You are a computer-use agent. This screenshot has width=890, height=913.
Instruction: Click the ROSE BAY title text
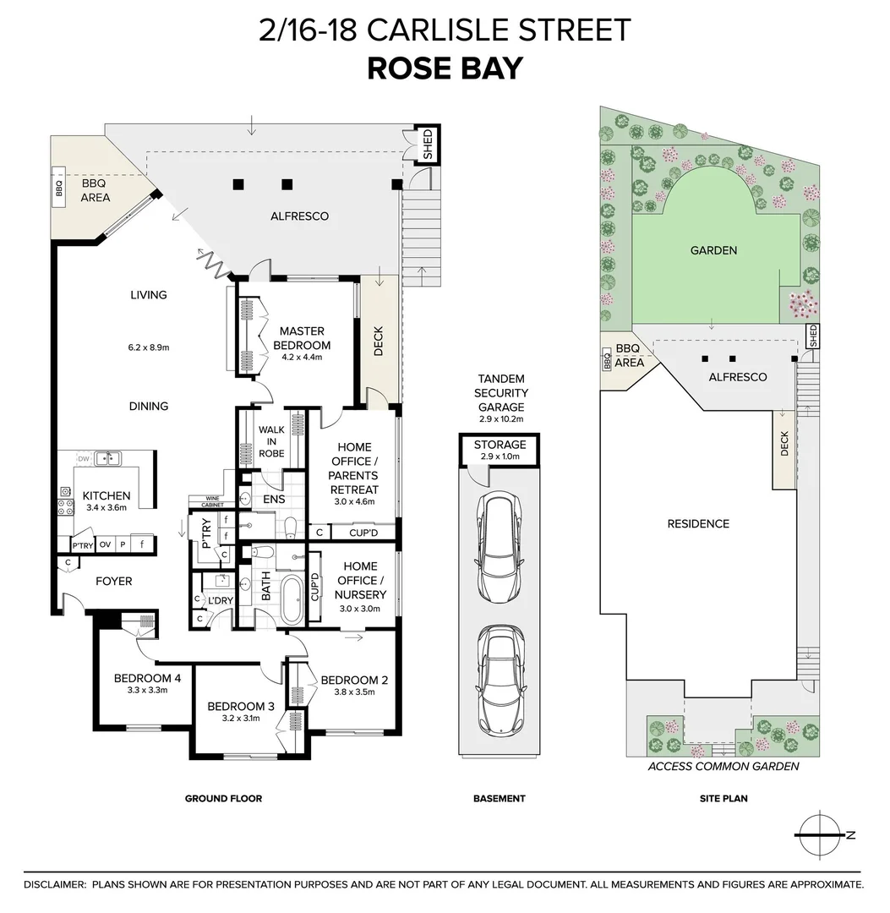(445, 68)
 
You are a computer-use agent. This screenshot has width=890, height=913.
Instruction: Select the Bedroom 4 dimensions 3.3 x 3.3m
(141, 690)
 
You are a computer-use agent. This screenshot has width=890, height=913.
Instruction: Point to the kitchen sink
(107, 459)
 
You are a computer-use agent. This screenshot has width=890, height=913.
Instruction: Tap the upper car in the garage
(499, 547)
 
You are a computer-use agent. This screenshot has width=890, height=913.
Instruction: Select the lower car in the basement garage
(499, 679)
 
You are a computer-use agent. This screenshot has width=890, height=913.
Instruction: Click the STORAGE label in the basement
(500, 445)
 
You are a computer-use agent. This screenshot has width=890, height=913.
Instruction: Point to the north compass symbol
(822, 834)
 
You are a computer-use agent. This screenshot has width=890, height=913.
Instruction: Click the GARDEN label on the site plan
(713, 250)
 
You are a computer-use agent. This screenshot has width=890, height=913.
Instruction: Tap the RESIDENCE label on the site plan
(697, 524)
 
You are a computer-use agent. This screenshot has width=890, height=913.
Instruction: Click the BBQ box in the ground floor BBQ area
(59, 188)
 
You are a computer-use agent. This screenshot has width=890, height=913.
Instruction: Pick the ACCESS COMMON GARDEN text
(723, 767)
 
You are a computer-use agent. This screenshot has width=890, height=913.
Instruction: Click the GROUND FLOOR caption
(223, 798)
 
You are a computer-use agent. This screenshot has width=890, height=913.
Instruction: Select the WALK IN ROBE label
(271, 441)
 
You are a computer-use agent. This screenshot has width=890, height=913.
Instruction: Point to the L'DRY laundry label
(221, 600)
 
